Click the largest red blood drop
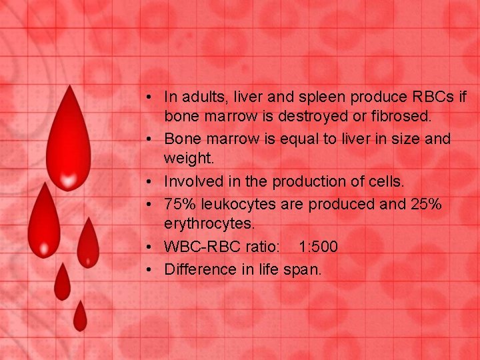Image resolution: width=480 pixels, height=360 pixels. coord(67,143)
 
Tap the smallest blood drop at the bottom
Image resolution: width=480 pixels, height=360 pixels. coord(80,317)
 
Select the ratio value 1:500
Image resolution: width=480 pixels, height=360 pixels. coord(318,247)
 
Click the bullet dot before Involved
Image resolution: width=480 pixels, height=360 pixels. coord(153,181)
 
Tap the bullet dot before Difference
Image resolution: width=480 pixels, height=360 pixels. coord(153,270)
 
